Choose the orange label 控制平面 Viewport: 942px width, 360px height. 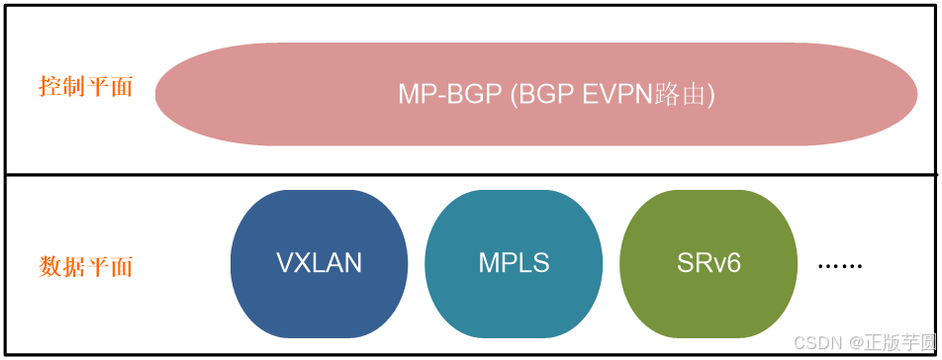point(85,87)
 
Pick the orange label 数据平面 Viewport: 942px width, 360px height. point(85,267)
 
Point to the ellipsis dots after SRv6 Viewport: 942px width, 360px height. point(841,266)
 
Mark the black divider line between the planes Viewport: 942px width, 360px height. point(471,175)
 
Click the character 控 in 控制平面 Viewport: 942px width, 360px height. point(49,87)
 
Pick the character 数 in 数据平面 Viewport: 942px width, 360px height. point(49,267)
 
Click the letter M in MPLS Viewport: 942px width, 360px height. point(489,263)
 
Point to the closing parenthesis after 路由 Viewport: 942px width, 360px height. point(709,94)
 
